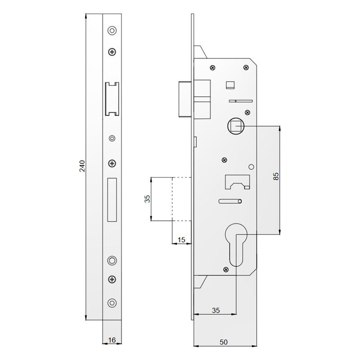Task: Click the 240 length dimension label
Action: [x=82, y=166]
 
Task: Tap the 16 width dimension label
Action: [x=112, y=340]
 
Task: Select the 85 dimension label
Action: [x=276, y=176]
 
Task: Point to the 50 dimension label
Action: [x=223, y=342]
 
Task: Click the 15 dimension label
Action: [x=181, y=240]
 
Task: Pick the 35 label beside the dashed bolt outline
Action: [x=147, y=198]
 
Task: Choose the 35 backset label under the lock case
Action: [x=216, y=310]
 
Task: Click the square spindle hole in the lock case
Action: [x=236, y=126]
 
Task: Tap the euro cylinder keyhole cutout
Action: [x=236, y=244]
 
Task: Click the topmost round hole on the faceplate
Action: [x=112, y=30]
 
